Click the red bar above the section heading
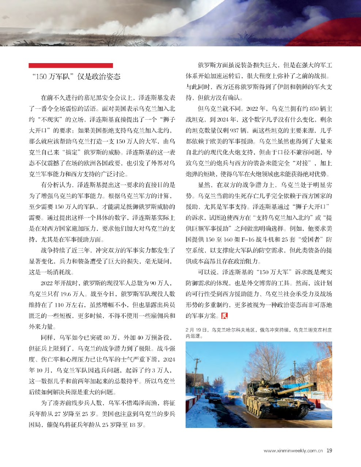point(71,66)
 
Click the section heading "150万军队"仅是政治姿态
point(76,77)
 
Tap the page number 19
point(329,451)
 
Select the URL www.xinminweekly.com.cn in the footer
point(293,451)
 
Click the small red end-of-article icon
point(225,315)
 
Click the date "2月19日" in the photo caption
point(195,330)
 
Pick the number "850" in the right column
point(314,109)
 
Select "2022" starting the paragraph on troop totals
point(47,283)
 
